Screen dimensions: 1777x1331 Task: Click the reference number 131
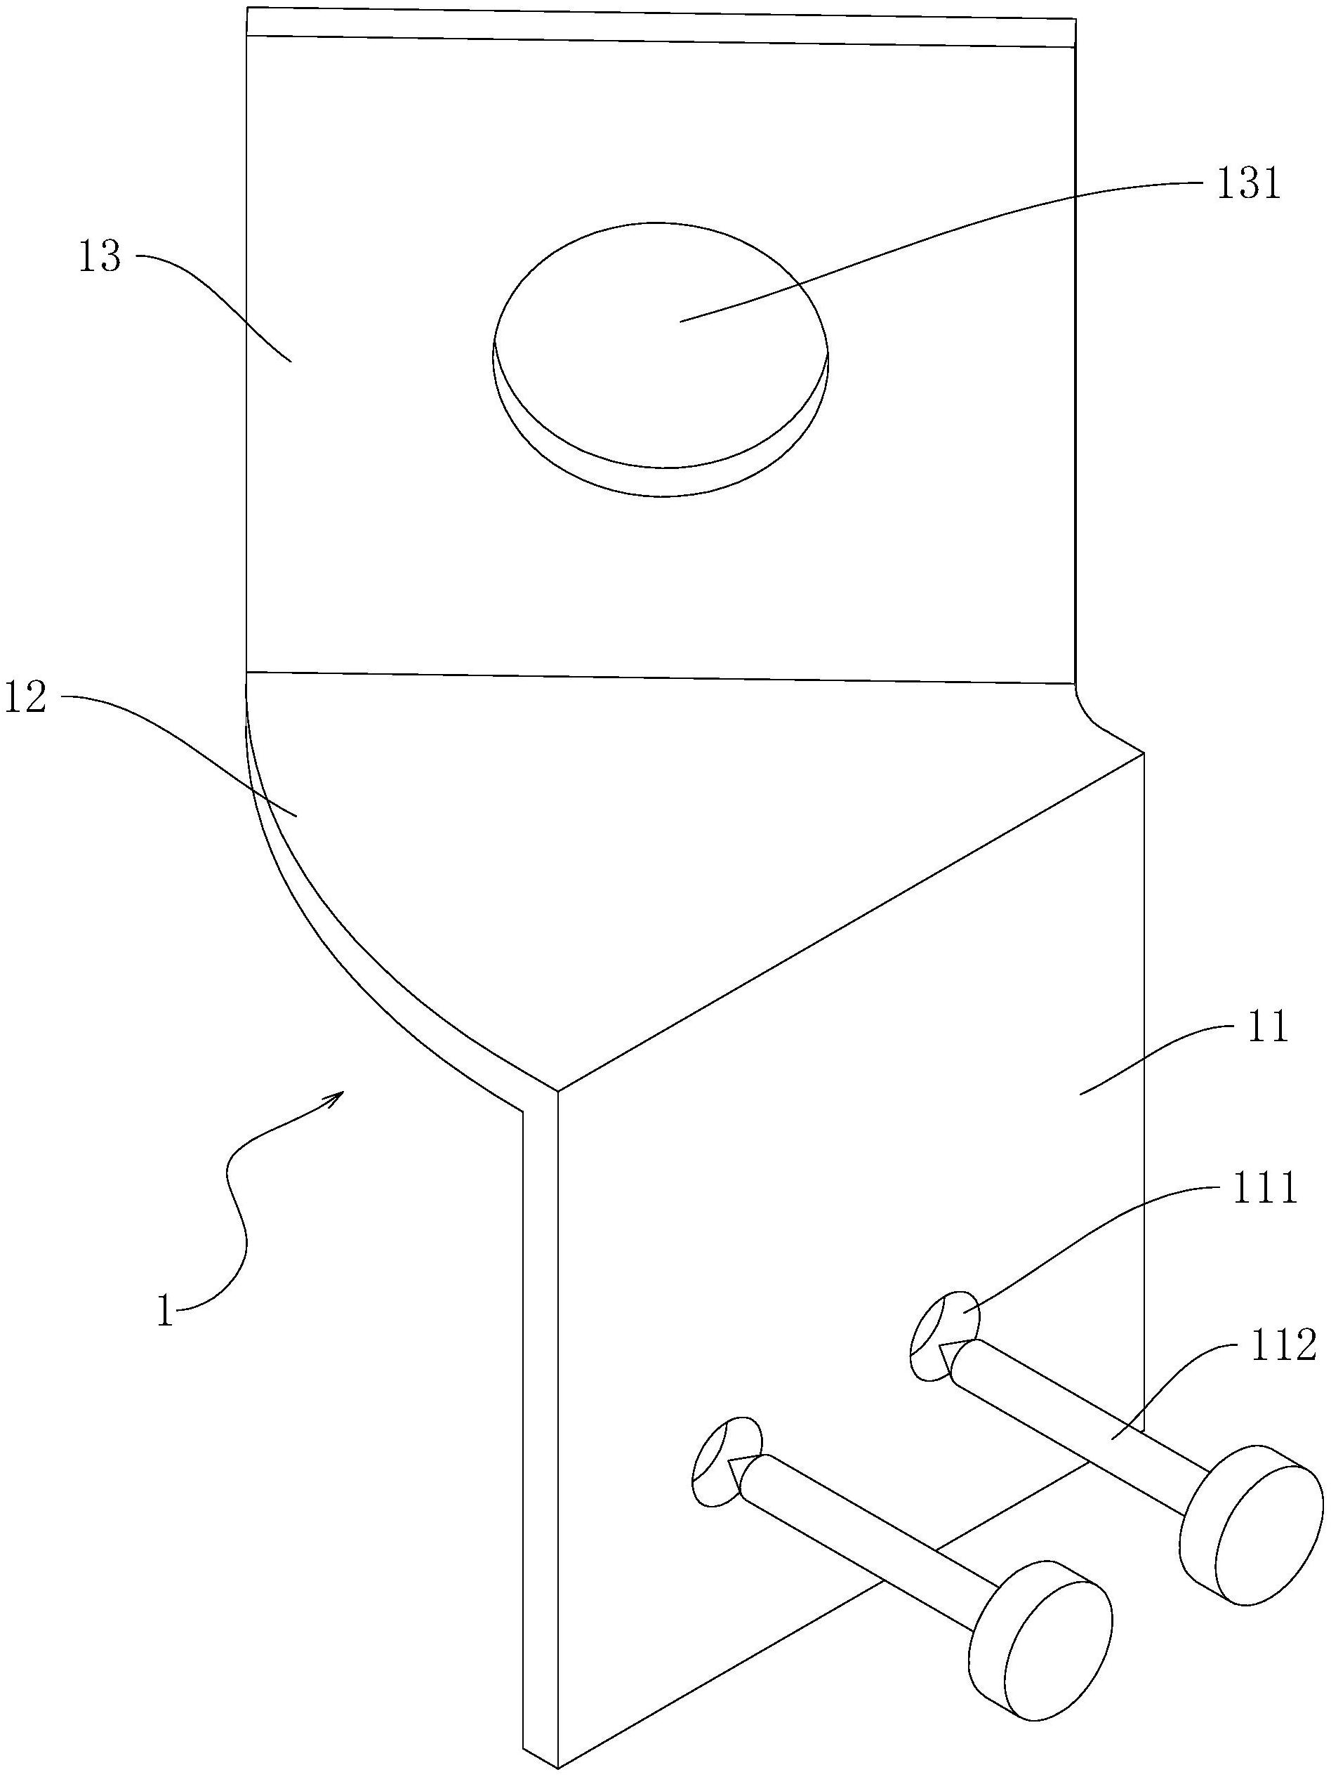[x=1247, y=184]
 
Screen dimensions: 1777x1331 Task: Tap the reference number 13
[x=99, y=258]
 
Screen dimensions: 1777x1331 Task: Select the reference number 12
[x=26, y=696]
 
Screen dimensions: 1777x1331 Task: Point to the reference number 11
[x=1266, y=1027]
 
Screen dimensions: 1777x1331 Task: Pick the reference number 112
[x=1283, y=1345]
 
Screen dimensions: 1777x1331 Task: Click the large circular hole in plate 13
[x=661, y=353]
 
